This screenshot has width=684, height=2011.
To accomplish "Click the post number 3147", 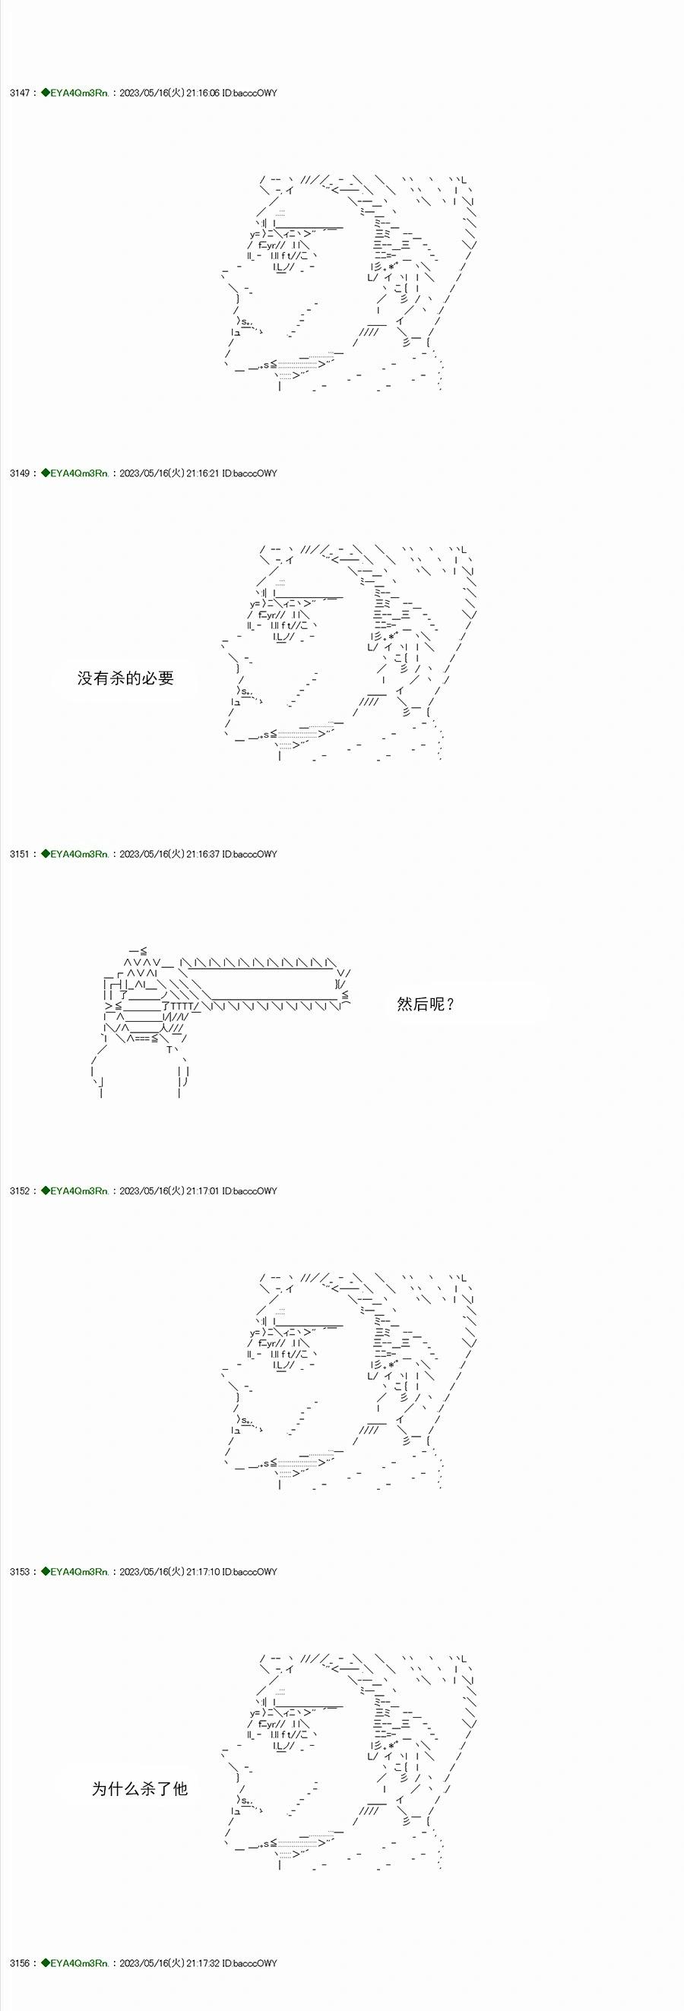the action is coord(20,93).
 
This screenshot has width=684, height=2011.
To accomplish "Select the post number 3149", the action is coord(20,473).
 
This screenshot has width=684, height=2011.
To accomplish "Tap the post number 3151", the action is coord(20,854).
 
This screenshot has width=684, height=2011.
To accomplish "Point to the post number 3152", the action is coord(20,1190).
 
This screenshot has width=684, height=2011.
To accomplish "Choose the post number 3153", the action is coord(20,1571).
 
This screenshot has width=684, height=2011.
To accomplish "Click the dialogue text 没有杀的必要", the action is coord(125,678).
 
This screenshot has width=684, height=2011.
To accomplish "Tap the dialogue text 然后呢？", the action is coord(426,1004).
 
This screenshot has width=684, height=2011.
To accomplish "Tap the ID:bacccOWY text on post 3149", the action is coord(250,473).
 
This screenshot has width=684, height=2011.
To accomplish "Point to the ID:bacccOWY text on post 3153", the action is coord(250,1571).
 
